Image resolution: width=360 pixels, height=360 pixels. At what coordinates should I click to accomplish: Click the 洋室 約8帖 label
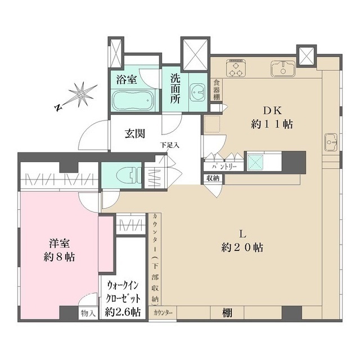tap(60, 251)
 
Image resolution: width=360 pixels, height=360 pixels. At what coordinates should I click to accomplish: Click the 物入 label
tap(88, 313)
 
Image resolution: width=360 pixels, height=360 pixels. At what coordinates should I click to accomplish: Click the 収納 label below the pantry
tap(213, 178)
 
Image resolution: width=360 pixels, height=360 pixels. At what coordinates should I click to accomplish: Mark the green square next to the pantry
tap(255, 161)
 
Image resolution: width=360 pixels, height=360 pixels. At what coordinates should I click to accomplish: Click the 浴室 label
tap(126, 79)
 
